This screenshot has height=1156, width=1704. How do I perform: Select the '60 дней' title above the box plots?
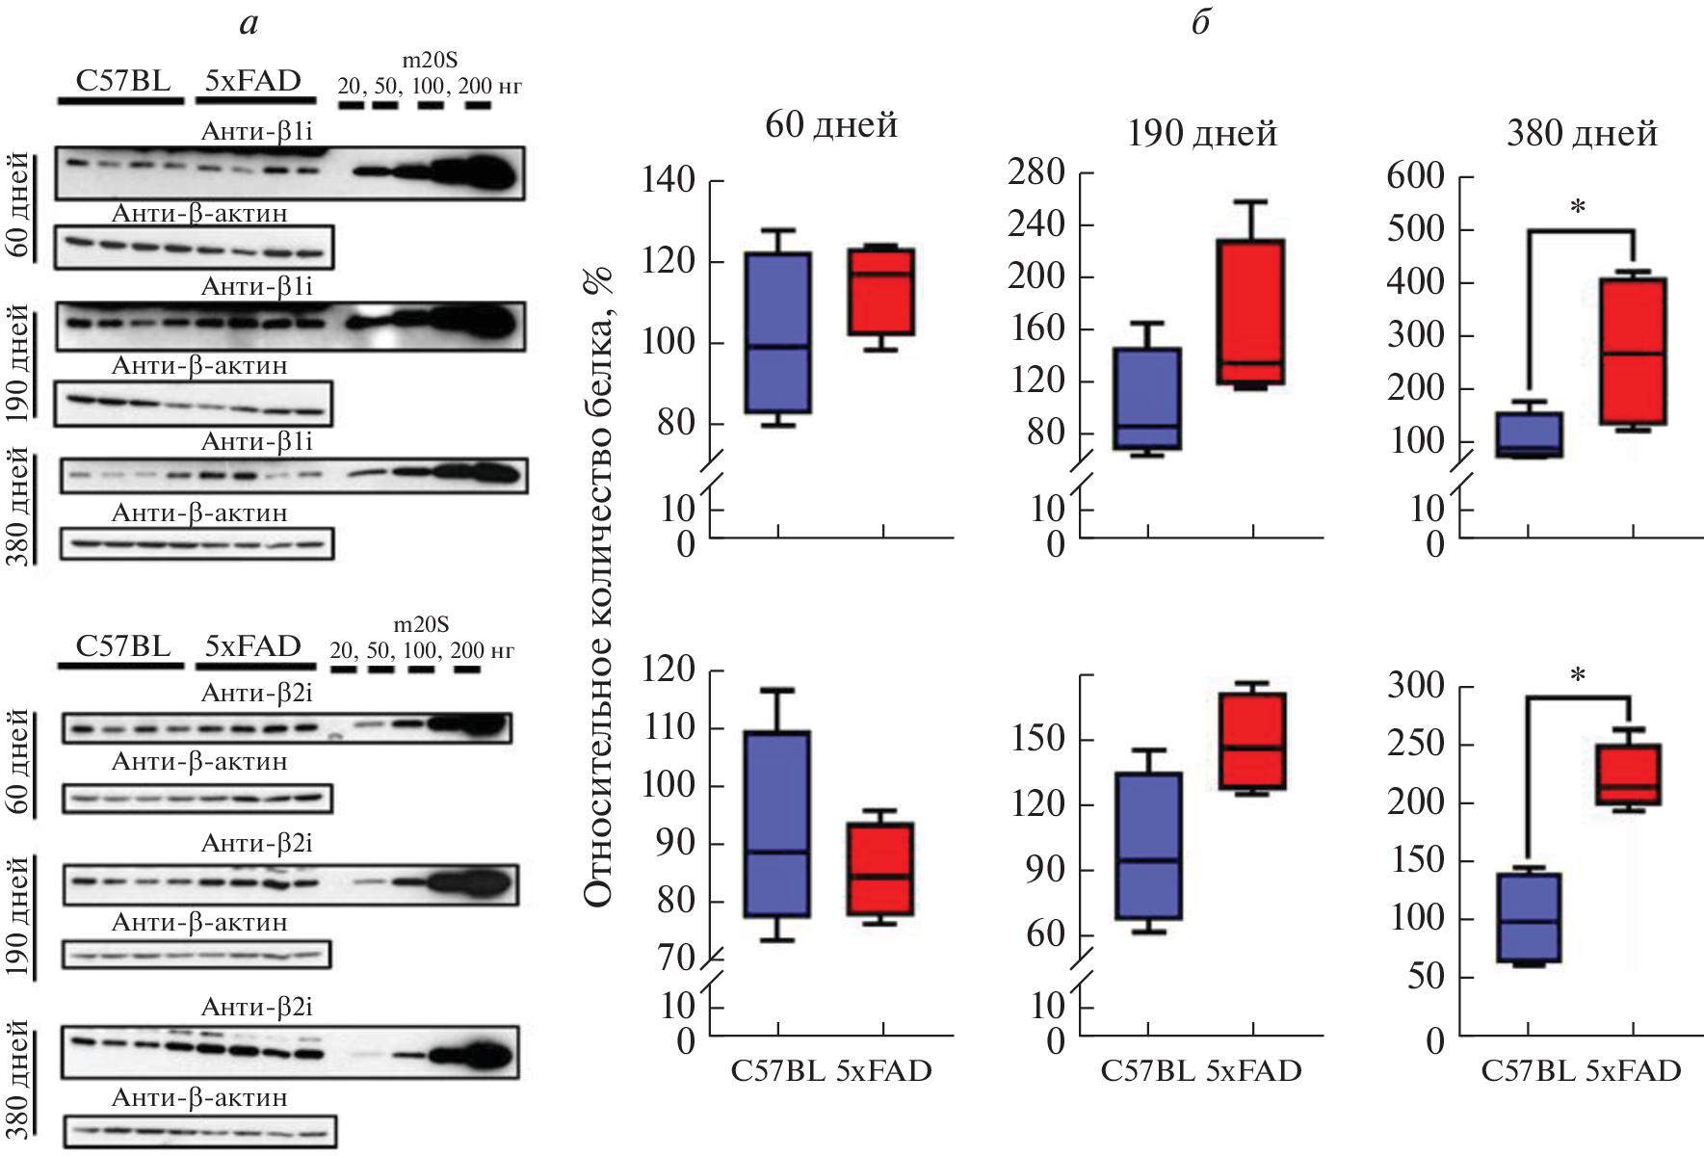click(x=830, y=125)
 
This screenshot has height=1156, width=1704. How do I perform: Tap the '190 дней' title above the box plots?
click(x=1201, y=133)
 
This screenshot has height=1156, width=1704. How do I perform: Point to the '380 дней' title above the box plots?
click(x=1582, y=133)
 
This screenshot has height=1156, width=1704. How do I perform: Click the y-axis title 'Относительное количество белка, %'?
click(x=598, y=588)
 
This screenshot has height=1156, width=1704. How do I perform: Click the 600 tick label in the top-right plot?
click(x=1415, y=176)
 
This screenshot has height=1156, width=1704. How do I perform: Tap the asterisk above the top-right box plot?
click(x=1577, y=207)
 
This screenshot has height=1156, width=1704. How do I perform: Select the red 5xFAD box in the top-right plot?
click(x=1633, y=352)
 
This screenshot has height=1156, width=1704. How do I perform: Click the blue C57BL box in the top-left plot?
click(x=777, y=332)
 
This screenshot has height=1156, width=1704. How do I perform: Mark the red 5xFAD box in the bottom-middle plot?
click(x=1252, y=741)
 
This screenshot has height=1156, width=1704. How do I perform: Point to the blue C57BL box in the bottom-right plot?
click(x=1528, y=917)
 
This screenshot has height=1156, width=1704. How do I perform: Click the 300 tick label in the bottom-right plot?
click(x=1415, y=686)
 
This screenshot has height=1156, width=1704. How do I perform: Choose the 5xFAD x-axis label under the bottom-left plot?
click(x=883, y=1071)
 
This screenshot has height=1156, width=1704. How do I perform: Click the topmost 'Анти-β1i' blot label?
click(x=256, y=132)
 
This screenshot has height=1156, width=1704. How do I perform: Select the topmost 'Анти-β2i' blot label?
click(x=256, y=693)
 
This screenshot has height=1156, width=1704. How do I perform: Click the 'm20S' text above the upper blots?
click(x=430, y=61)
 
